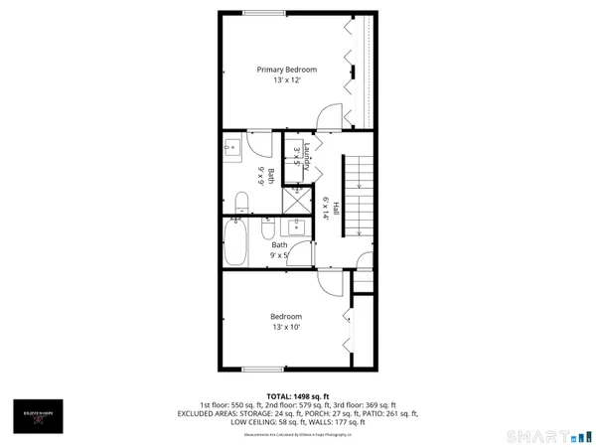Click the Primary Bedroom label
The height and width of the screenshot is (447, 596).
(287, 69)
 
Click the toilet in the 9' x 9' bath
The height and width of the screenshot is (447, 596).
(240, 204)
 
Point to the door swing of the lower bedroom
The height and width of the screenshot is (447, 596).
(324, 281)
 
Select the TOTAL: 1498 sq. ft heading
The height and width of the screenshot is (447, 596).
(298, 394)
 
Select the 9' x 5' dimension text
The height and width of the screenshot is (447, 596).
(280, 255)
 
